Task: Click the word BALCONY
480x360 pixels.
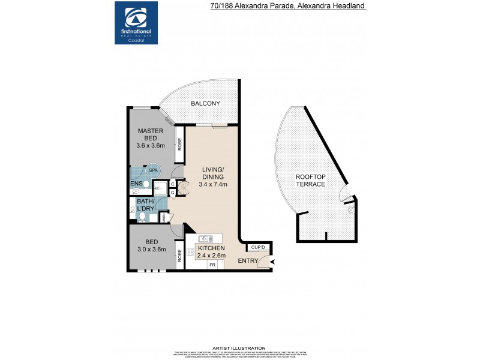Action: tap(205, 104)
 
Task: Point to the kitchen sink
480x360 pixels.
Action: tap(203, 239)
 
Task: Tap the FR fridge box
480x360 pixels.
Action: tap(212, 265)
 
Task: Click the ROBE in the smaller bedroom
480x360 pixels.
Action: tap(179, 254)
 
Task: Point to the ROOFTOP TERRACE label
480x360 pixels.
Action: tap(310, 180)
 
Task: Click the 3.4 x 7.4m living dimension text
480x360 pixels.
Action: tap(212, 185)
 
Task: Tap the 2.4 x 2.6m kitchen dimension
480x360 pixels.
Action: tap(211, 255)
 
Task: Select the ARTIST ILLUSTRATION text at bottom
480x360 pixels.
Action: tap(239, 348)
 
